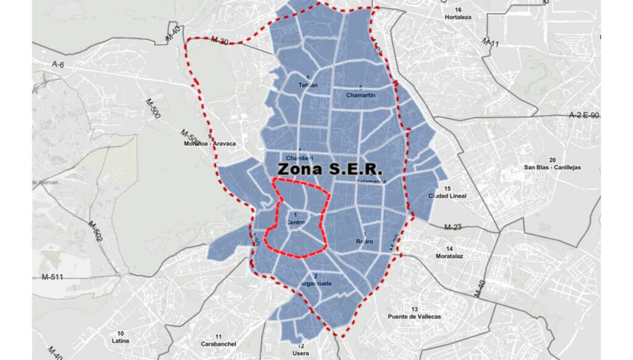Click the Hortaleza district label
(458, 17)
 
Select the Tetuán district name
(308, 85)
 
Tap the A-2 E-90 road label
(584, 116)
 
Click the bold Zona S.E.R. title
(330, 168)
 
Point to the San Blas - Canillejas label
(552, 167)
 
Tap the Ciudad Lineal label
(447, 196)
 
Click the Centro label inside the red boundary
(297, 221)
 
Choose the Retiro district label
(364, 241)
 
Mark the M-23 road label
(453, 227)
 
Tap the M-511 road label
(53, 276)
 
